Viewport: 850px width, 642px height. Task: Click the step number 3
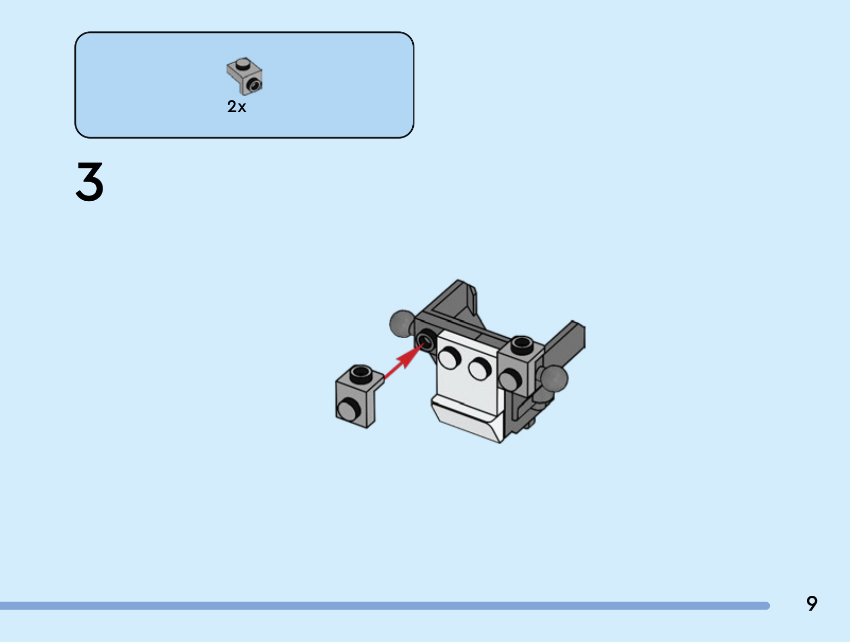[89, 182]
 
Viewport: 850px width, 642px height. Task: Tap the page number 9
[812, 603]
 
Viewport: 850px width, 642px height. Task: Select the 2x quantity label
[236, 106]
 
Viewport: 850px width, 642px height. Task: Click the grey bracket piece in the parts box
[244, 76]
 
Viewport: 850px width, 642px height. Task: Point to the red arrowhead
[412, 355]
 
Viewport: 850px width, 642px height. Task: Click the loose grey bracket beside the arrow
[360, 396]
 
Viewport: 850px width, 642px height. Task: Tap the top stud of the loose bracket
[361, 373]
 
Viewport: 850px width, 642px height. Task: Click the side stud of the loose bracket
[349, 409]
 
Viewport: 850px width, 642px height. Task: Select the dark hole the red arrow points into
[426, 340]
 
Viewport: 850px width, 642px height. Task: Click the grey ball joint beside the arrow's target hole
[402, 323]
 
